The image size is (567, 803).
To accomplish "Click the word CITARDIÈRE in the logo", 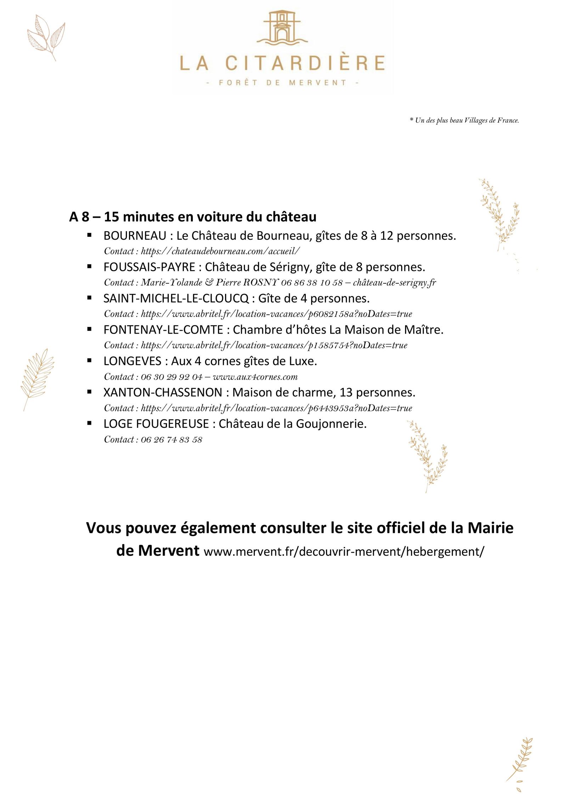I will [x=305, y=63].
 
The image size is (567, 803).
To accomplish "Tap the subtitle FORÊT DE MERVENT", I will [x=282, y=83].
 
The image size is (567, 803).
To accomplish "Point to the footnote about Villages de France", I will [x=464, y=121].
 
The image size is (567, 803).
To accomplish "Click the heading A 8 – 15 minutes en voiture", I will [x=193, y=217].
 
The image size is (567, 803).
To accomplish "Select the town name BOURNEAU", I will [x=135, y=236].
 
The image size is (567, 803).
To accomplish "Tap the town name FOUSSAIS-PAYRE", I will [x=149, y=267].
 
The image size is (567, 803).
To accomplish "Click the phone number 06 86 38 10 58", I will [x=312, y=283].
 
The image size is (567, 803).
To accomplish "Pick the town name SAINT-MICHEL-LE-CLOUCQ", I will [x=176, y=299].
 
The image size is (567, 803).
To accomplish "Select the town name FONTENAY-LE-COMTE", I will [x=163, y=330].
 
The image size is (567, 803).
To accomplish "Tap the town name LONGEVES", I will [x=133, y=361].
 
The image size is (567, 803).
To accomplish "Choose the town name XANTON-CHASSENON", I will [x=163, y=392].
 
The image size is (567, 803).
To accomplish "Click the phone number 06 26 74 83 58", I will [x=172, y=440].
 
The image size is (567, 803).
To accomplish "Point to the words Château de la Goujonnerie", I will [x=292, y=424].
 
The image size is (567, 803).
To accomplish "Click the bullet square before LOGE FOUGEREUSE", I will [x=89, y=423].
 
